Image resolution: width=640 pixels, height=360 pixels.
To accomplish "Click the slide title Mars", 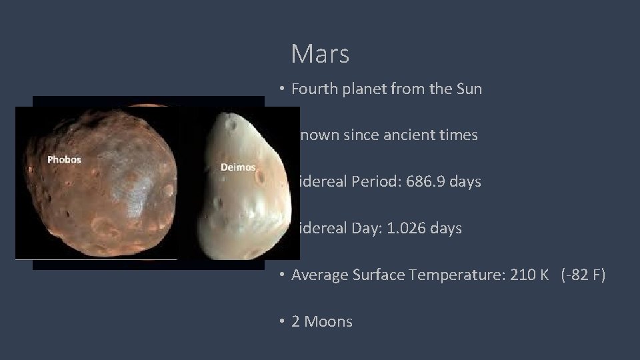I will pos(320,54).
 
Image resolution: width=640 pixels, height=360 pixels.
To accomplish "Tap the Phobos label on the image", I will pos(64,159).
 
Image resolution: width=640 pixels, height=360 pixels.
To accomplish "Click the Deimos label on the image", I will pos(238,167).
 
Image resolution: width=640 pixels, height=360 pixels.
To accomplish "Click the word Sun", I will pos(469,88).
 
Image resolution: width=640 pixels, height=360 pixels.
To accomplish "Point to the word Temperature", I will pos(457,275).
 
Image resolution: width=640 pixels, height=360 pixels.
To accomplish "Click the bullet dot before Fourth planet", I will pos(283,88).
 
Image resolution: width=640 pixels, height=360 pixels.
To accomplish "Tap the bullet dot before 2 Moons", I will pos(283,321).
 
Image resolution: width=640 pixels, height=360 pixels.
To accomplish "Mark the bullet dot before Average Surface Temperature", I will pos(283,275).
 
